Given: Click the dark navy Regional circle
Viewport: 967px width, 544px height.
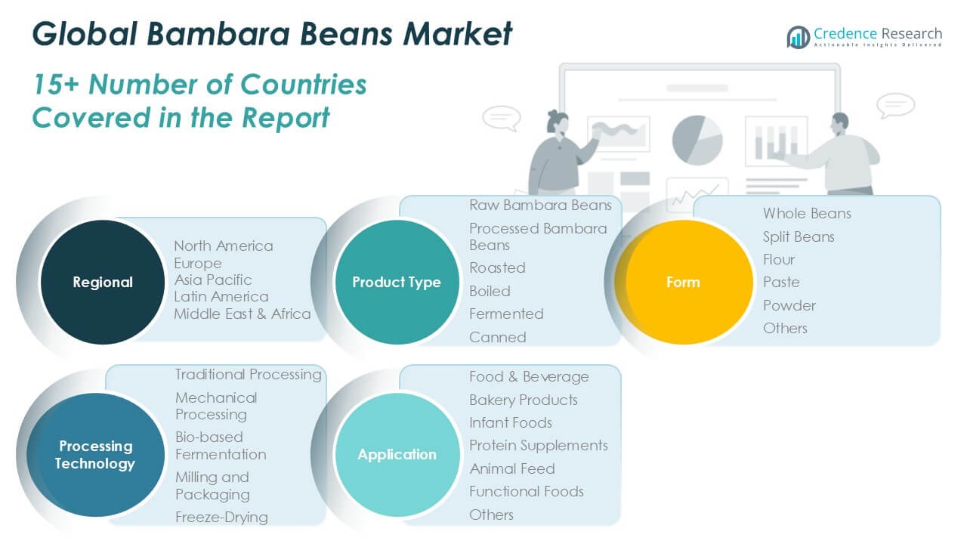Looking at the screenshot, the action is click(102, 282).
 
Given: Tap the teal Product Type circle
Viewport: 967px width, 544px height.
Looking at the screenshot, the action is click(397, 282).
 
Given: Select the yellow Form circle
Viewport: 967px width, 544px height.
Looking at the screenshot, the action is click(684, 282).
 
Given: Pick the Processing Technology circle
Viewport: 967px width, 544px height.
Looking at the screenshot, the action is click(95, 455).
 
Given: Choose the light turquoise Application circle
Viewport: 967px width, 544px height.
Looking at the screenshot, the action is click(397, 455).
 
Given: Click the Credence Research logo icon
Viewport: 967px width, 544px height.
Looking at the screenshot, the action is click(799, 37).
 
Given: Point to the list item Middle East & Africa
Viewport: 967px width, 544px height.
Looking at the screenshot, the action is click(243, 314).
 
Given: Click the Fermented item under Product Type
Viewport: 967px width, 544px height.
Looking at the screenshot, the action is click(506, 314).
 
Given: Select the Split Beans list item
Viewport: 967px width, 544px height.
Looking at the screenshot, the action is click(799, 237).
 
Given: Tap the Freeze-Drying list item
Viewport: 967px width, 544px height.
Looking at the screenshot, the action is click(221, 518).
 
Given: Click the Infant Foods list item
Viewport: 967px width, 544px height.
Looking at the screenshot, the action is click(510, 422).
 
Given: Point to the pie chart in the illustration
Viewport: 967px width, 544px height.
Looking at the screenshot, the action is click(697, 140).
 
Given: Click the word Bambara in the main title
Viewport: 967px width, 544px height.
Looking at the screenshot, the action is click(218, 34).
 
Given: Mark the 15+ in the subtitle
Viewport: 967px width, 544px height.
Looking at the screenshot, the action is click(56, 84).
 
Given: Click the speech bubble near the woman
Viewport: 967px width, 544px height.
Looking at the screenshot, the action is click(502, 118).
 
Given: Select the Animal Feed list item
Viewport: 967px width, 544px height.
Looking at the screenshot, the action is click(512, 469).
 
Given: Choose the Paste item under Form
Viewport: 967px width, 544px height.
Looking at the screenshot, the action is click(781, 283).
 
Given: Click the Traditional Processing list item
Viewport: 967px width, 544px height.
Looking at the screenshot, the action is click(249, 374).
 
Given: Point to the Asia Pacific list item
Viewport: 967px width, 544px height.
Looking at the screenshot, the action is click(213, 280).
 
